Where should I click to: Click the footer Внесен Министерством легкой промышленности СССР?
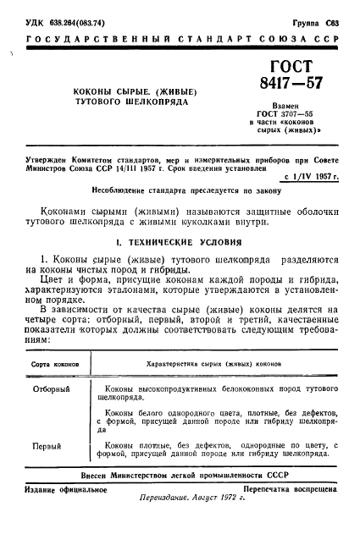pyautogui.click(x=180, y=476)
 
